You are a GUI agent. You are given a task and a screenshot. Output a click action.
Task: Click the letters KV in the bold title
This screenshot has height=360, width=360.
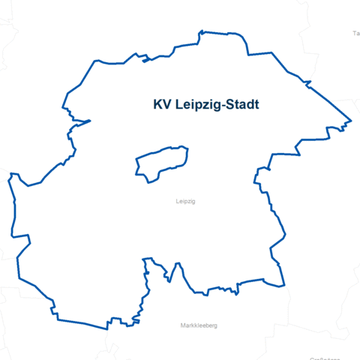[161, 105]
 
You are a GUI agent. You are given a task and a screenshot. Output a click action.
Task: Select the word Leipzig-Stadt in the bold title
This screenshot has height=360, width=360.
[217, 106]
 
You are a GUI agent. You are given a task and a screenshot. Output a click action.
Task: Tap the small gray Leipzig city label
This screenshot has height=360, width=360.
[184, 202]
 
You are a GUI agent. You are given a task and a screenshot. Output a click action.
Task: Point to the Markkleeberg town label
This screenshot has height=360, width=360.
[199, 325]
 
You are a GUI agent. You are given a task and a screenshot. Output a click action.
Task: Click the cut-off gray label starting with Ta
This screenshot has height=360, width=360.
[355, 34]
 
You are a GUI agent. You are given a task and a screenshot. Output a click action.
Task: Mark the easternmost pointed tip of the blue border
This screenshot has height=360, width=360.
[351, 120]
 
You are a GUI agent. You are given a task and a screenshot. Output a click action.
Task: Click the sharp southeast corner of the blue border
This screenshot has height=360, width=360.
[284, 285]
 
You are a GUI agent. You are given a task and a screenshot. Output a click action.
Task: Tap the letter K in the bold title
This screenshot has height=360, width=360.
[157, 105]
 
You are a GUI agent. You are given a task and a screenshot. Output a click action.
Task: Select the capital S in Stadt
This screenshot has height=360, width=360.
[228, 105]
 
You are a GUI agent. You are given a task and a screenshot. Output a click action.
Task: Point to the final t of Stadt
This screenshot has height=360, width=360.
[256, 105]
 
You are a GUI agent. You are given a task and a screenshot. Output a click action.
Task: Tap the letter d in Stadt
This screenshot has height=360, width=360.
[250, 105]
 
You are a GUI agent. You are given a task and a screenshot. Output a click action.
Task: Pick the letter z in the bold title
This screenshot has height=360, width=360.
[205, 106]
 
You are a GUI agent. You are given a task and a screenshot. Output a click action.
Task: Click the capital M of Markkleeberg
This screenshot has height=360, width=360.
[183, 325]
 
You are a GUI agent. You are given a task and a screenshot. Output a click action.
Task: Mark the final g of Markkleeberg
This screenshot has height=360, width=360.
[214, 326]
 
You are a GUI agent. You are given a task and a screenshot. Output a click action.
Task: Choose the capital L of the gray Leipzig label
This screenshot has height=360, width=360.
[175, 202]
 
